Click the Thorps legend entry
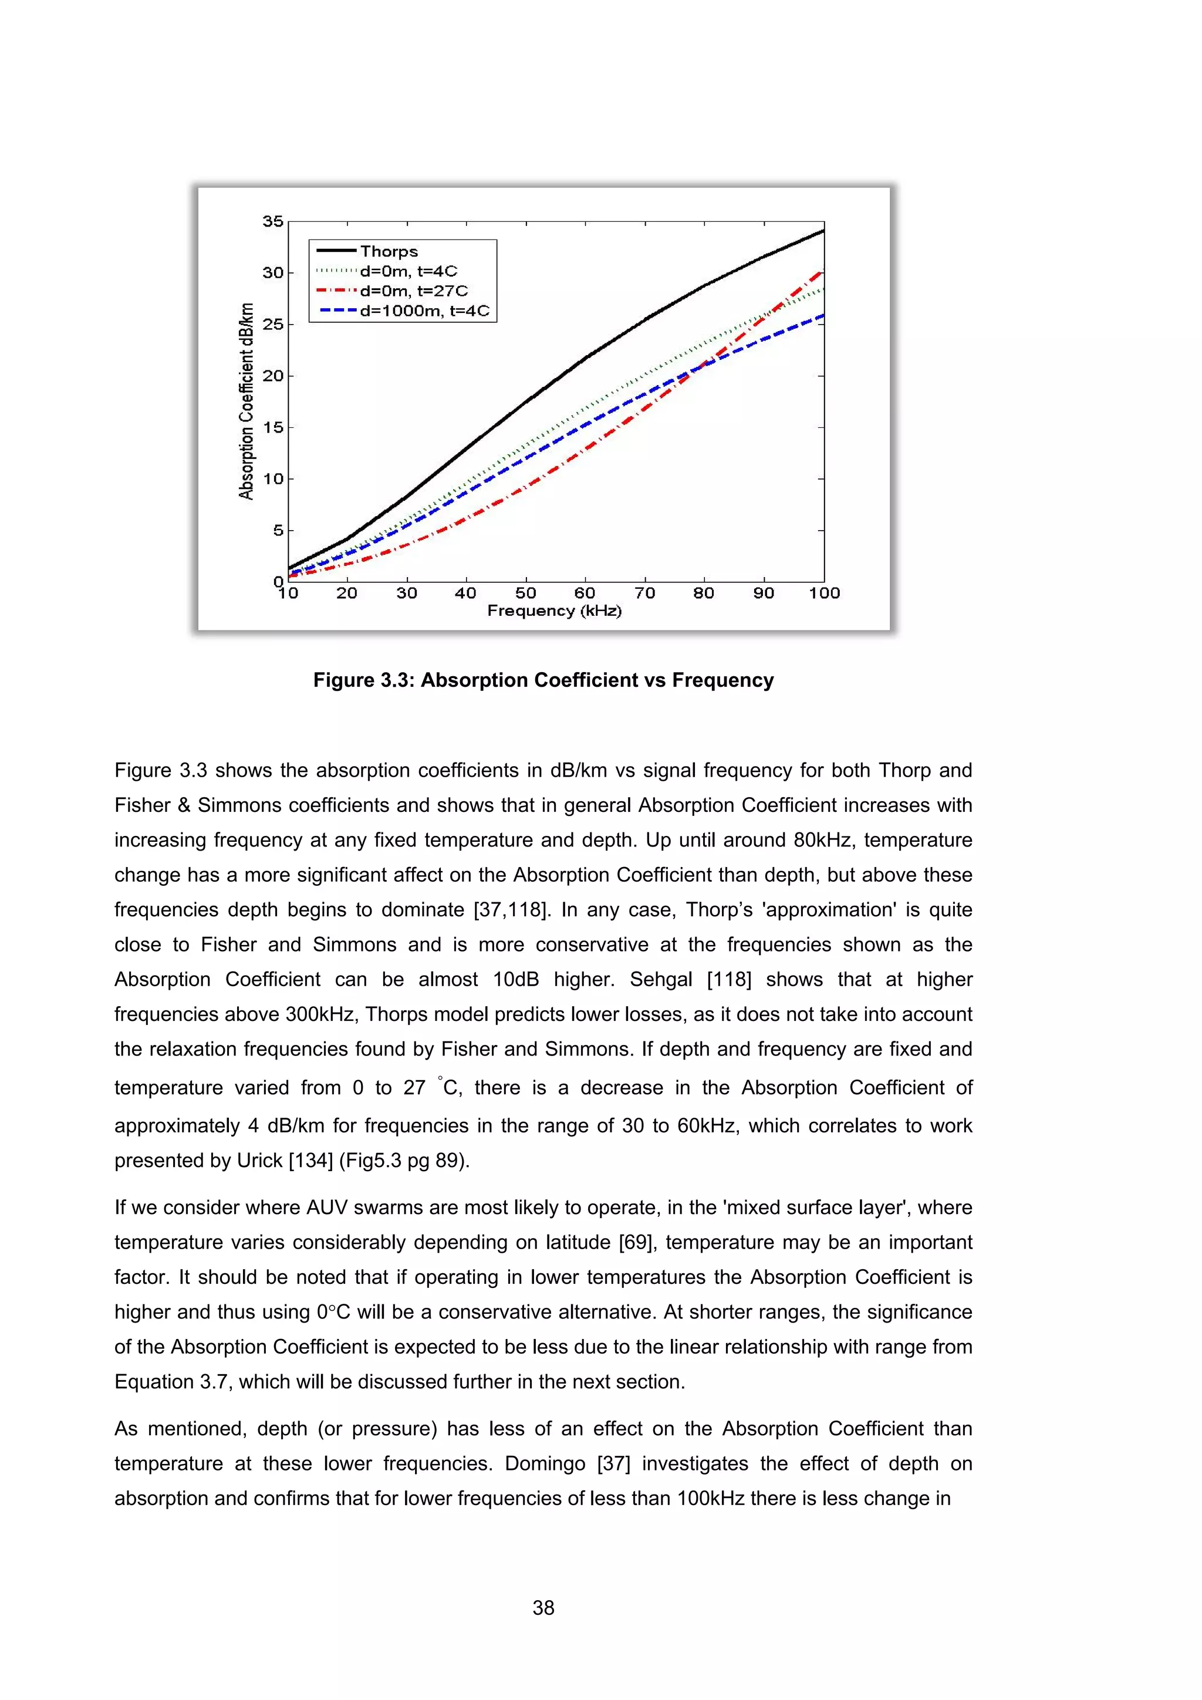tap(389, 252)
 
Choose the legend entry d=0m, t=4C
tap(408, 272)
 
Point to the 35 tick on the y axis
tap(272, 221)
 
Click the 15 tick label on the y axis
tap(272, 427)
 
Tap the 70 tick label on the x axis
tap(644, 593)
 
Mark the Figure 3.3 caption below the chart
tap(543, 680)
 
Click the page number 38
tap(543, 1607)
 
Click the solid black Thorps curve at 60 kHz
tap(585, 358)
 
